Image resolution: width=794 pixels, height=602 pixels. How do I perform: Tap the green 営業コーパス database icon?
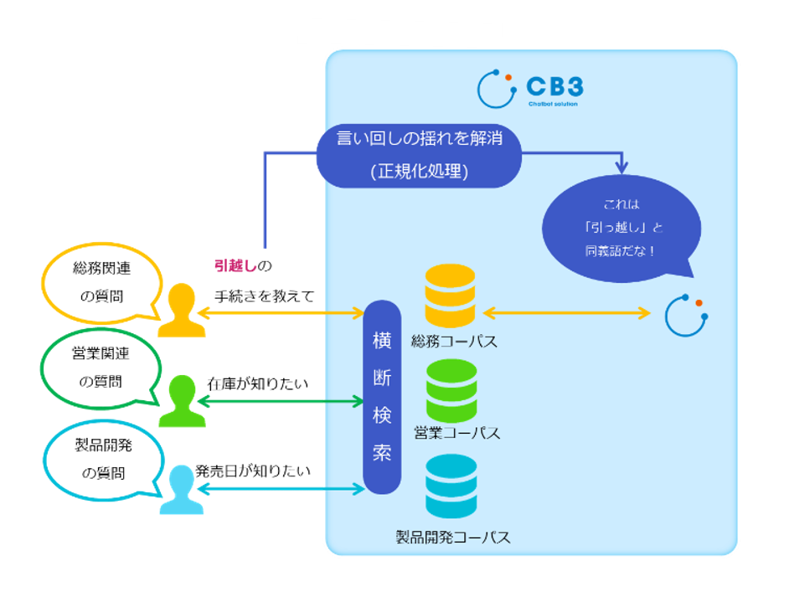click(x=451, y=391)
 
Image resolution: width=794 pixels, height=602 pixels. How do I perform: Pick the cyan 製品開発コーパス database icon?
click(x=451, y=486)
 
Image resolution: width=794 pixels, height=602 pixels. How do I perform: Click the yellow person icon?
click(x=181, y=311)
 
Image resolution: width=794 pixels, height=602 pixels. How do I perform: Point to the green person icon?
click(x=182, y=402)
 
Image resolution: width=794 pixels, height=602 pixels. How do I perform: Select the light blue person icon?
click(x=182, y=491)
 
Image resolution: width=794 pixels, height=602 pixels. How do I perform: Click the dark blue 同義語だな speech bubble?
click(x=621, y=227)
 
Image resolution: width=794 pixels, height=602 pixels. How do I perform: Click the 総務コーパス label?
click(x=453, y=341)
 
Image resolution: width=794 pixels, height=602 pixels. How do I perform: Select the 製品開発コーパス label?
click(x=453, y=537)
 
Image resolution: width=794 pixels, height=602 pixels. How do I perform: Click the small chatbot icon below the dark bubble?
click(x=686, y=316)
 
